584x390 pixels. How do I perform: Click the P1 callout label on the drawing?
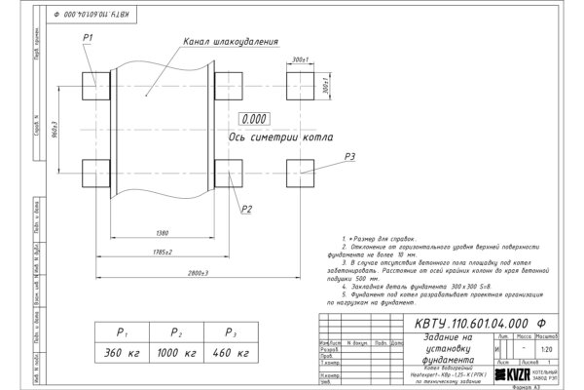click(88, 37)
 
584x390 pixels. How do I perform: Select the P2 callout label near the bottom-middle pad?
click(247, 209)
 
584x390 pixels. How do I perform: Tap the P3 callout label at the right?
click(350, 156)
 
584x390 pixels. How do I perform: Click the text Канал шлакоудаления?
click(231, 43)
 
